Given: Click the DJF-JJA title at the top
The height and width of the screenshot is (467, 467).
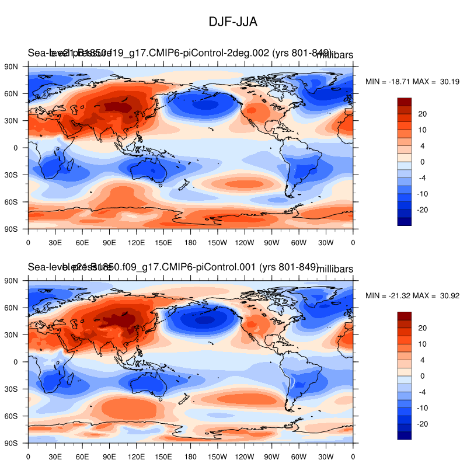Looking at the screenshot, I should coord(233,22).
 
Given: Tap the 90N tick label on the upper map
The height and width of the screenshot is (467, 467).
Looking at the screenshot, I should coord(12,67).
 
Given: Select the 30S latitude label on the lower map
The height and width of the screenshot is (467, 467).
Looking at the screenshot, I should coord(12,389).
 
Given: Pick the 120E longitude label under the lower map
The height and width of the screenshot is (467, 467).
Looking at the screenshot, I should coord(136,455).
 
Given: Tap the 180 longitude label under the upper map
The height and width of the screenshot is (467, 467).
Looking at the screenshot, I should coord(190,241).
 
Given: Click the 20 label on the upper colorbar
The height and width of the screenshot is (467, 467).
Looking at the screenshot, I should coord(423,114).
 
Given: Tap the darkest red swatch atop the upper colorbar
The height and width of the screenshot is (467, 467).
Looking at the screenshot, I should coord(405,102).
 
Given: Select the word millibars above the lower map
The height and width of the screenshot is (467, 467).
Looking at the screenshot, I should coord(334,269).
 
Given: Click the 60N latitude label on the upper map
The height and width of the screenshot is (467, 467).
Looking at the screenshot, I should coord(12,93).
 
